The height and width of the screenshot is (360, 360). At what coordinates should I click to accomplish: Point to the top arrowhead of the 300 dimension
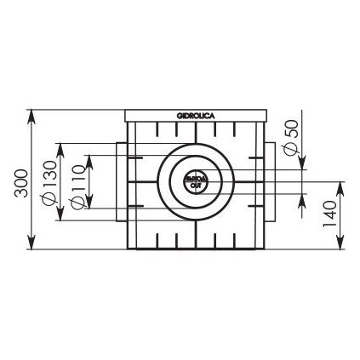click(x=32, y=113)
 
